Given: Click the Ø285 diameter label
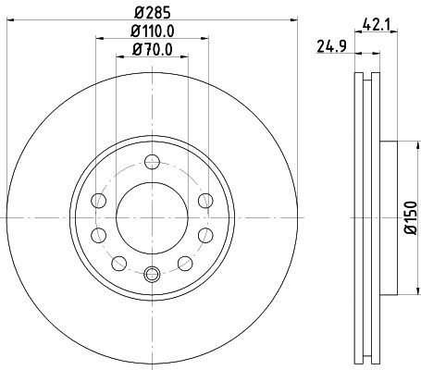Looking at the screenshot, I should [152, 13].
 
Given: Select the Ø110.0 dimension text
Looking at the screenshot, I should [152, 33].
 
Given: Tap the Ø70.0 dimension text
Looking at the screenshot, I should [152, 51].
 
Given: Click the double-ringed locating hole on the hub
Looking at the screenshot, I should [153, 273].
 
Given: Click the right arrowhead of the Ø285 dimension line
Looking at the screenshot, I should [294, 21].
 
